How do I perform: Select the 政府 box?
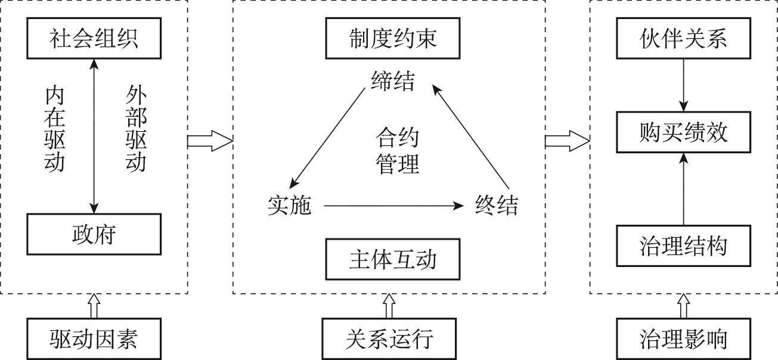[x=94, y=233]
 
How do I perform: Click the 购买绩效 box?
[x=684, y=133]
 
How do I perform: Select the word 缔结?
[x=392, y=80]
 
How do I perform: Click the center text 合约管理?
[x=397, y=151]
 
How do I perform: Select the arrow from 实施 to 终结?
[x=393, y=206]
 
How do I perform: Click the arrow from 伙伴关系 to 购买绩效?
[x=684, y=87]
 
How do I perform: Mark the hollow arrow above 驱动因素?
[x=94, y=306]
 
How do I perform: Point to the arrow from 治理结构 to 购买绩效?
[x=684, y=189]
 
